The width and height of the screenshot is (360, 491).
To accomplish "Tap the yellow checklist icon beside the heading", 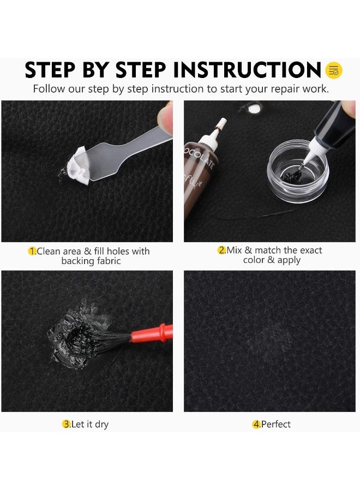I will coord(333,70).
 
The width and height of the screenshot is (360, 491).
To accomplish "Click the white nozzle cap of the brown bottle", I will coord(220,127).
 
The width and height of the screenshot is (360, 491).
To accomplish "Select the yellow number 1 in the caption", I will coord(32,251).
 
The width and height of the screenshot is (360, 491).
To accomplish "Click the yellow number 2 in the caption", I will coord(221,250).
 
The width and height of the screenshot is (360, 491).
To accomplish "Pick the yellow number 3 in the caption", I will coord(66,424).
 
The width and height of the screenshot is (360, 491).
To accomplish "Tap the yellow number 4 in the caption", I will coord(256,424).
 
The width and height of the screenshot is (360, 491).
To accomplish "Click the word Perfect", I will coord(276,424).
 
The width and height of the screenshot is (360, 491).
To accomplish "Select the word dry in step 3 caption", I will coord(101,424).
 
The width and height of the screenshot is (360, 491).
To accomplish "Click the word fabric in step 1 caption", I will coord(106,261).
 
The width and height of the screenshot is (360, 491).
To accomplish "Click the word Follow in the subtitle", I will coord(49,89).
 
